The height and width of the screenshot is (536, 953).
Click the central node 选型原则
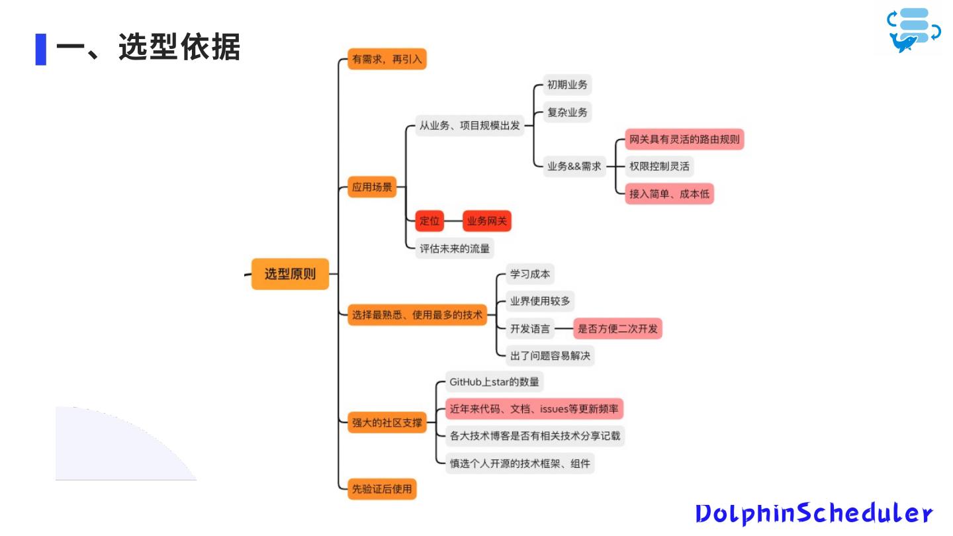coord(290,274)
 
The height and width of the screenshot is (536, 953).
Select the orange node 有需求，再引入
coord(387,60)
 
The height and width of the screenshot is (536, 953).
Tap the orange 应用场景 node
coord(372,187)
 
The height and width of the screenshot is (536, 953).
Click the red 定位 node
coord(430,221)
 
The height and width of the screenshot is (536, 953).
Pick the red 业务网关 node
coord(487,221)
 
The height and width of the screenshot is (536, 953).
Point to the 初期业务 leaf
coord(567,85)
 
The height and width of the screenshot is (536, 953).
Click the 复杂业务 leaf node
coord(567,112)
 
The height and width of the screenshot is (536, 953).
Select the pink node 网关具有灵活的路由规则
coord(684,140)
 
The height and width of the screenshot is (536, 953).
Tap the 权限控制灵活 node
coord(659,166)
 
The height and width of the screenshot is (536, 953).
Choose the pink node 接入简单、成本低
coord(670,194)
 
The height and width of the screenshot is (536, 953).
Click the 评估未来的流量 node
coord(455,249)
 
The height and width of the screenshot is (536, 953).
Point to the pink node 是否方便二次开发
coord(617,328)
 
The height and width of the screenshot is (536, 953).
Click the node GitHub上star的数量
coord(494,382)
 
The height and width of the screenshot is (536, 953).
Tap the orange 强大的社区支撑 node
coord(387,422)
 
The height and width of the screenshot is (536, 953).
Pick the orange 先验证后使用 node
coord(382,489)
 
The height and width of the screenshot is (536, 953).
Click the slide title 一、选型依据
coord(148,48)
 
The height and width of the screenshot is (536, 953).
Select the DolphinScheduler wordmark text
coord(814,514)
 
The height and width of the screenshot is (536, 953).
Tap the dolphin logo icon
coord(914,30)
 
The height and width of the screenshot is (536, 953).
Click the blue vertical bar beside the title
coord(41,49)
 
